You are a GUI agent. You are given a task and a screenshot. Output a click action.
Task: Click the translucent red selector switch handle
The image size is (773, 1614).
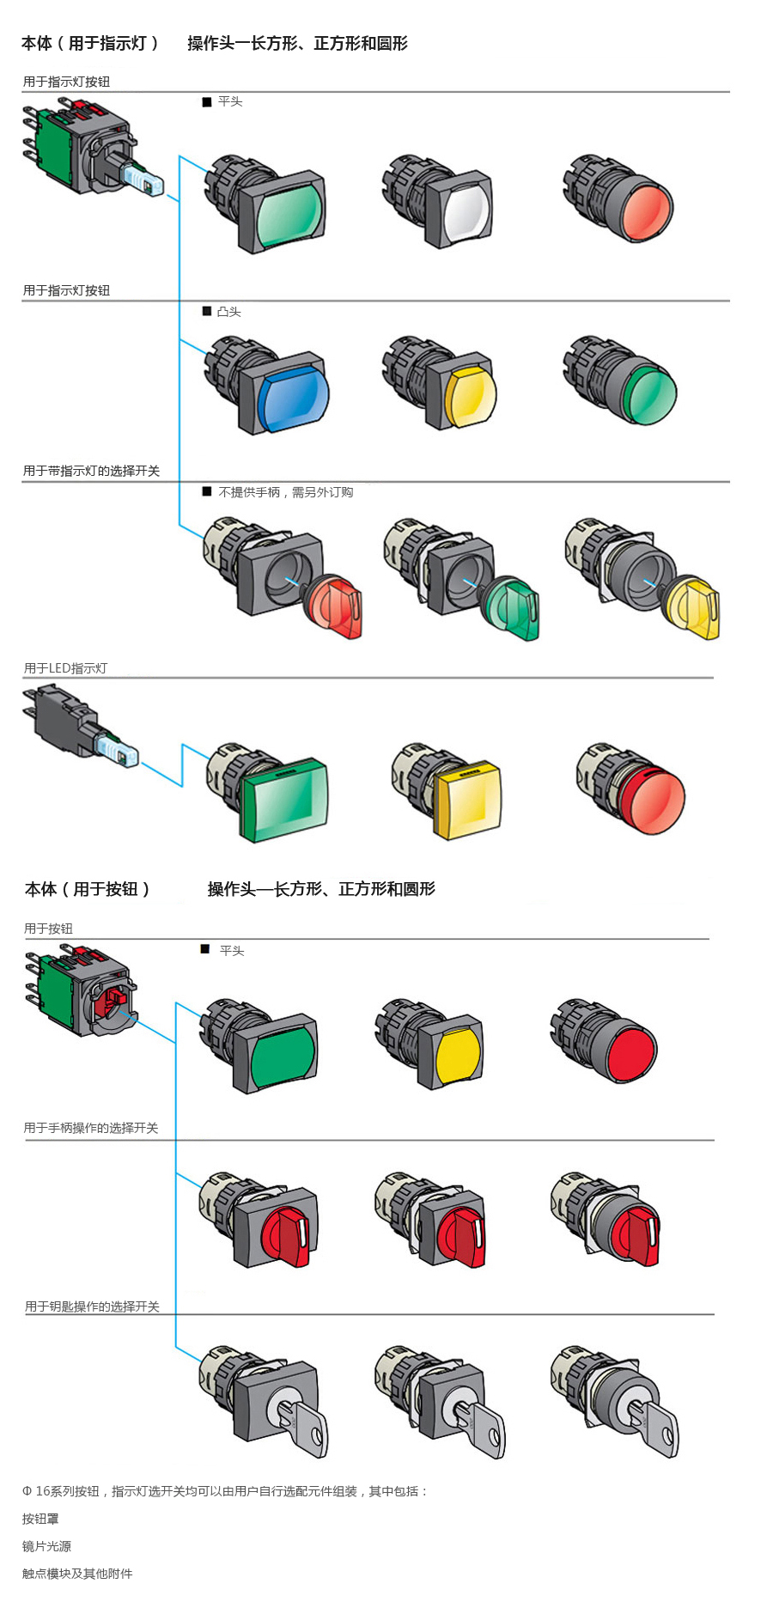tap(337, 607)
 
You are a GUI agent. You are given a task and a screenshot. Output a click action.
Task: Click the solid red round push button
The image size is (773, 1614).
tap(631, 1051)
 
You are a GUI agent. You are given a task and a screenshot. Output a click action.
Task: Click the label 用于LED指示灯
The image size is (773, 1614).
tap(65, 668)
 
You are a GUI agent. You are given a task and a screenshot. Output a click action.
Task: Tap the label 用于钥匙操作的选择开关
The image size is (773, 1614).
tap(92, 1306)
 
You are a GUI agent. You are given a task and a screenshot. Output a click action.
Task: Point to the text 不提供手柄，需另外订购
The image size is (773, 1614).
tap(285, 492)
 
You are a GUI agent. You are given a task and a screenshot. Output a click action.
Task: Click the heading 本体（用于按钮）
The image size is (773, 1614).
tap(88, 889)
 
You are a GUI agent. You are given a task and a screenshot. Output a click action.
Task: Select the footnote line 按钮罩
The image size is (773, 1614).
tap(40, 1519)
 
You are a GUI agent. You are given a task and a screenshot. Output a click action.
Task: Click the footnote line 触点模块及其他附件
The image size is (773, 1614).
tap(77, 1574)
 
